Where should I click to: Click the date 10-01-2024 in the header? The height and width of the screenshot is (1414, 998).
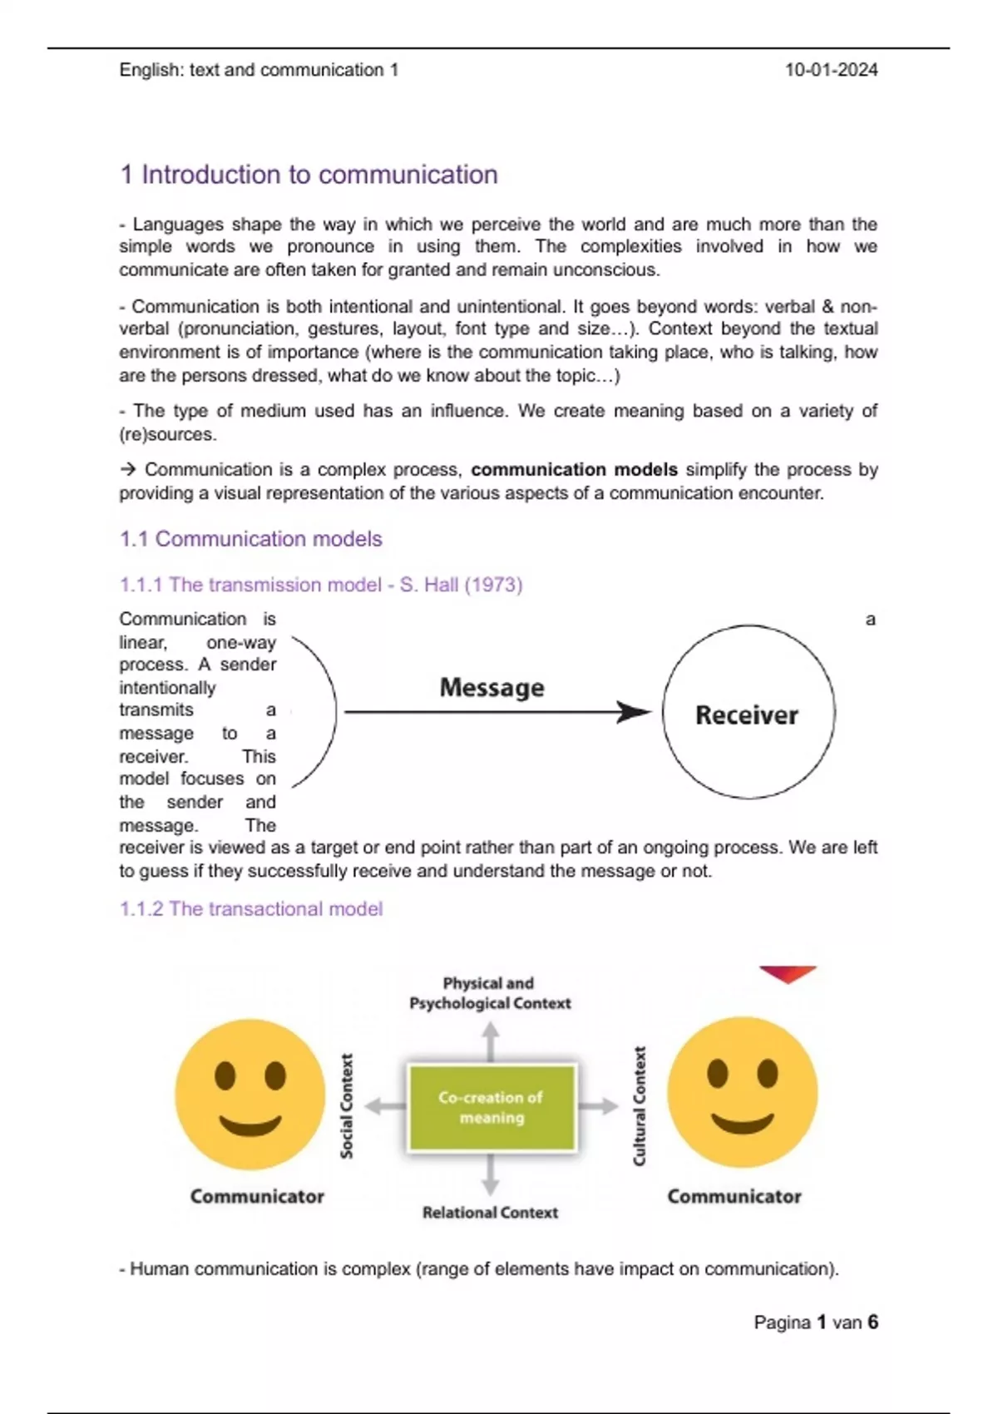[x=831, y=70]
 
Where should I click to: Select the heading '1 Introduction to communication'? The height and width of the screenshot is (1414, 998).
[x=309, y=175]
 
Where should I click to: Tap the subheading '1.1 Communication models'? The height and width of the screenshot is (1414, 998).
[x=250, y=539]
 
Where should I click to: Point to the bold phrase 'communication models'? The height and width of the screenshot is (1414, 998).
[x=574, y=469]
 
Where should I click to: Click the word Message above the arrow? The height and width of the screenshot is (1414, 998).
[x=492, y=688]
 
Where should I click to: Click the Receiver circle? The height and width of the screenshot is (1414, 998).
[x=748, y=713]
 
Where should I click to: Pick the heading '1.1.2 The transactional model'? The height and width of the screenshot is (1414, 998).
[x=250, y=908]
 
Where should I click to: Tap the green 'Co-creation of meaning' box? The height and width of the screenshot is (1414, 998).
[x=491, y=1107]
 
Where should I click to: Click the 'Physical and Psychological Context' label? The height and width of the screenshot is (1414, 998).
[x=490, y=993]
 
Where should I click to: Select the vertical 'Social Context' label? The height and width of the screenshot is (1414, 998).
[x=347, y=1105]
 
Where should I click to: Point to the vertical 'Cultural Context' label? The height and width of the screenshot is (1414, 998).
[x=640, y=1105]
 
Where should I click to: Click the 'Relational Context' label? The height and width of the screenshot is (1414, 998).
[x=490, y=1213]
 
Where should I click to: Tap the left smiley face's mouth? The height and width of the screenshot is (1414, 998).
[x=250, y=1125]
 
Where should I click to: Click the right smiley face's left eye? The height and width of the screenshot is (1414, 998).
[x=717, y=1074]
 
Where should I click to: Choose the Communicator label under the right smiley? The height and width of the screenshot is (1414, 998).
[x=734, y=1196]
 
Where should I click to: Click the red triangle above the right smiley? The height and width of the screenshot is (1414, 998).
[x=787, y=973]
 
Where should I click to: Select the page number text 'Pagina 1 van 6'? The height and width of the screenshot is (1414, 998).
[x=815, y=1322]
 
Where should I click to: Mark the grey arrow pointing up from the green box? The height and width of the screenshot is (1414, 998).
[x=491, y=1040]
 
